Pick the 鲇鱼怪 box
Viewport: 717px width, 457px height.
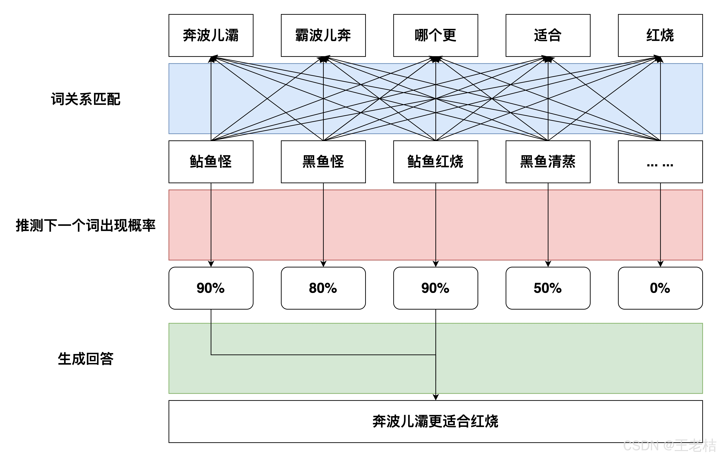click(211, 162)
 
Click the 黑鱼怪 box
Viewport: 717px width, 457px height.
click(323, 162)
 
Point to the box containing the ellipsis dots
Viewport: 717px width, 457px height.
click(660, 162)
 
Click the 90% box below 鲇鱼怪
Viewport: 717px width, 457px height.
click(211, 288)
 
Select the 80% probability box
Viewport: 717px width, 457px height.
click(323, 288)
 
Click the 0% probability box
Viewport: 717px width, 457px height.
click(660, 288)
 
